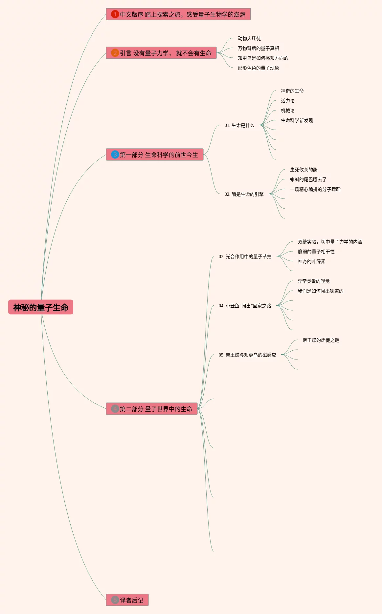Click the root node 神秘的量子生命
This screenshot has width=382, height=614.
coord(41,307)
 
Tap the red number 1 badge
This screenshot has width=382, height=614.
coord(115,14)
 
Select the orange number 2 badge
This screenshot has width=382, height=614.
coord(115,53)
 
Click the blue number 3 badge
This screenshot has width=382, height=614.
coord(115,154)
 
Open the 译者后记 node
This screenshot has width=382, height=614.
coord(131,600)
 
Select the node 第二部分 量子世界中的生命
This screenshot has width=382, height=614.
coord(156,409)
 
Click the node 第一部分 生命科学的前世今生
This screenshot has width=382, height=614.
coord(159,154)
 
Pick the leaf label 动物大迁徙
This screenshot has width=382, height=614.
coord(249,38)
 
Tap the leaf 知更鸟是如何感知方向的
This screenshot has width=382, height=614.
coord(263,58)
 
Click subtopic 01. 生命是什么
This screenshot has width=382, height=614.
coord(239,125)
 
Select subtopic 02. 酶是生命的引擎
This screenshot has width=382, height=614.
coord(244,194)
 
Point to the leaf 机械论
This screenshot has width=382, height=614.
coord(287,111)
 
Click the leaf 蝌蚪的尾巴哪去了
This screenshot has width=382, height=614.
coord(308,179)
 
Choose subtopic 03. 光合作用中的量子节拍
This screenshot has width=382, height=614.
coord(245,256)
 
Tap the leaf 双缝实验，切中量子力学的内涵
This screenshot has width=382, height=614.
coord(330,242)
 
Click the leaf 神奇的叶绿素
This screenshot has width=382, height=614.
coord(311,261)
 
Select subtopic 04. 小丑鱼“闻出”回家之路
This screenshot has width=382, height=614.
coord(245,306)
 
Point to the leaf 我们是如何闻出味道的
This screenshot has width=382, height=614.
coord(320,291)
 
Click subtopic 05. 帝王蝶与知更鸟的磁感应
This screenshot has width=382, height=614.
coord(247,355)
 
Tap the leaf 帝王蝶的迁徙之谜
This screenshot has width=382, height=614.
coord(321,340)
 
